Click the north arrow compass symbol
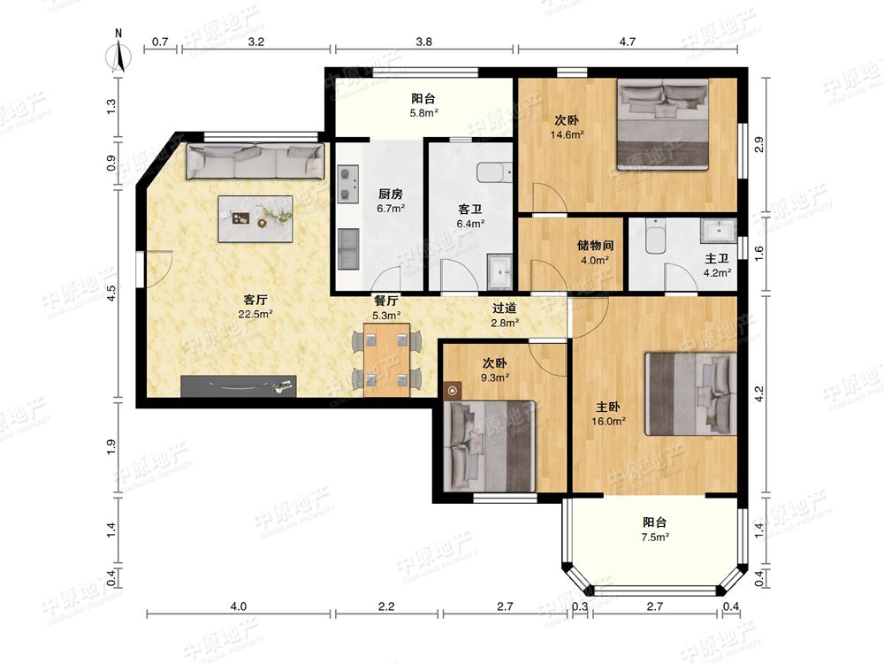(x=118, y=55)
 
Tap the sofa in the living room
(x=256, y=161)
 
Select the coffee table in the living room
(x=255, y=218)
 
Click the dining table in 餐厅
(x=387, y=360)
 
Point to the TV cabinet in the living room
(x=239, y=386)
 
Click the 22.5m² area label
(x=255, y=315)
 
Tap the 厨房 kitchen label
(x=391, y=194)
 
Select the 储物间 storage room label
(x=595, y=245)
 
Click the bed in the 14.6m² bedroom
(x=663, y=124)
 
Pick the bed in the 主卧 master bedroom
(x=691, y=394)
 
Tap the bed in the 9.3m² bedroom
(x=490, y=446)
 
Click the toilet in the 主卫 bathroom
(x=656, y=236)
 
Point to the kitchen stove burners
(x=347, y=184)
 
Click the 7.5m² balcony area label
(x=655, y=537)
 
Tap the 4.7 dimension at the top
(x=628, y=42)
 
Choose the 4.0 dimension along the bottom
(x=239, y=606)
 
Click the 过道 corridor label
(x=505, y=308)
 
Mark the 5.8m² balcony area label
(x=424, y=113)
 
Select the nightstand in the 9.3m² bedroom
(x=452, y=391)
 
